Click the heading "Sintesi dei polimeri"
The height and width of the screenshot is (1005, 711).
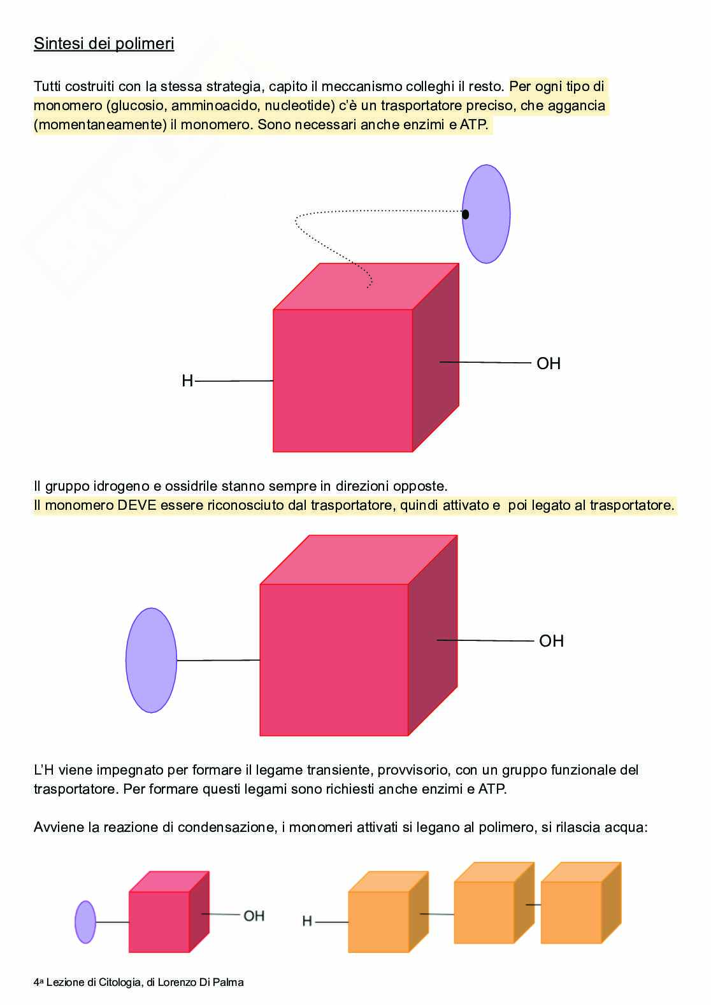click(104, 44)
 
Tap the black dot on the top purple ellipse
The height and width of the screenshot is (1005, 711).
click(465, 214)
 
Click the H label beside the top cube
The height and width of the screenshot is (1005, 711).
click(187, 381)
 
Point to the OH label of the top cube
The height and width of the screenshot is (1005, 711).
click(549, 363)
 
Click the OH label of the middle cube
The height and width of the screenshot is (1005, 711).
click(551, 641)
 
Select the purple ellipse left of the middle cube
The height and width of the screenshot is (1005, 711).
click(151, 660)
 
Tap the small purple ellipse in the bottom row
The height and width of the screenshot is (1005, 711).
click(85, 922)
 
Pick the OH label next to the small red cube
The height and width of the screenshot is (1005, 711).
click(254, 916)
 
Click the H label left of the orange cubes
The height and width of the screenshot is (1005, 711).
click(307, 921)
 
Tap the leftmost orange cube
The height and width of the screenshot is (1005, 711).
click(381, 917)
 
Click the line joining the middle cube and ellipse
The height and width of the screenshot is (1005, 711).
click(218, 660)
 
